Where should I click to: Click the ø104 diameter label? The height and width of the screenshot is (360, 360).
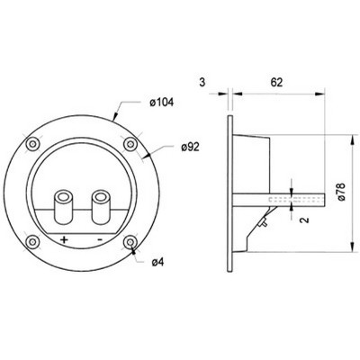point(161,103)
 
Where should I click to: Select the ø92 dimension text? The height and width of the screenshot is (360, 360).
point(190,147)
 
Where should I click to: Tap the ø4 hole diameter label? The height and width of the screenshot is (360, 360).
point(158,263)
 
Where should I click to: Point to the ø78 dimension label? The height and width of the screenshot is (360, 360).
point(341,192)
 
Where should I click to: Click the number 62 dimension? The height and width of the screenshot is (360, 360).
point(276,82)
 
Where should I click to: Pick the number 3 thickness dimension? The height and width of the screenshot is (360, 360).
point(202,82)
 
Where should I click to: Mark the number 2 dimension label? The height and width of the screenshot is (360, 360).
point(304,220)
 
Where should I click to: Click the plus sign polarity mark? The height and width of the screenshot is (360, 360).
point(64,239)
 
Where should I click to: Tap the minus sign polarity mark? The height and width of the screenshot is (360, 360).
point(100,239)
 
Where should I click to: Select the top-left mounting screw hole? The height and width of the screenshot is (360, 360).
point(32,144)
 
